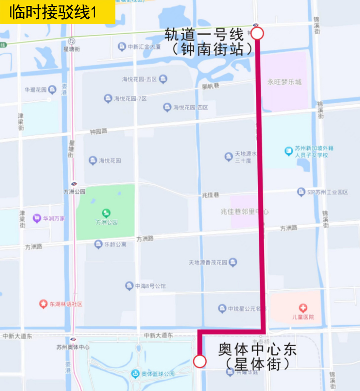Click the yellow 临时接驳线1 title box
[x=57, y=12]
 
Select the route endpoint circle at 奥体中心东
[x=199, y=361]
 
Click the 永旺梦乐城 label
[x=284, y=82]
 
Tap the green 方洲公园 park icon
[x=106, y=213]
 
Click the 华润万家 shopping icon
[x=36, y=218]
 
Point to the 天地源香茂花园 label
[x=208, y=262]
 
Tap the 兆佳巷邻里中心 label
[x=245, y=211]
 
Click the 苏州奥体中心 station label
[x=73, y=347]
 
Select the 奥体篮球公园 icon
[x=135, y=373]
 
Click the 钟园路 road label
[x=99, y=132]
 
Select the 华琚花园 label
[x=36, y=90]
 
